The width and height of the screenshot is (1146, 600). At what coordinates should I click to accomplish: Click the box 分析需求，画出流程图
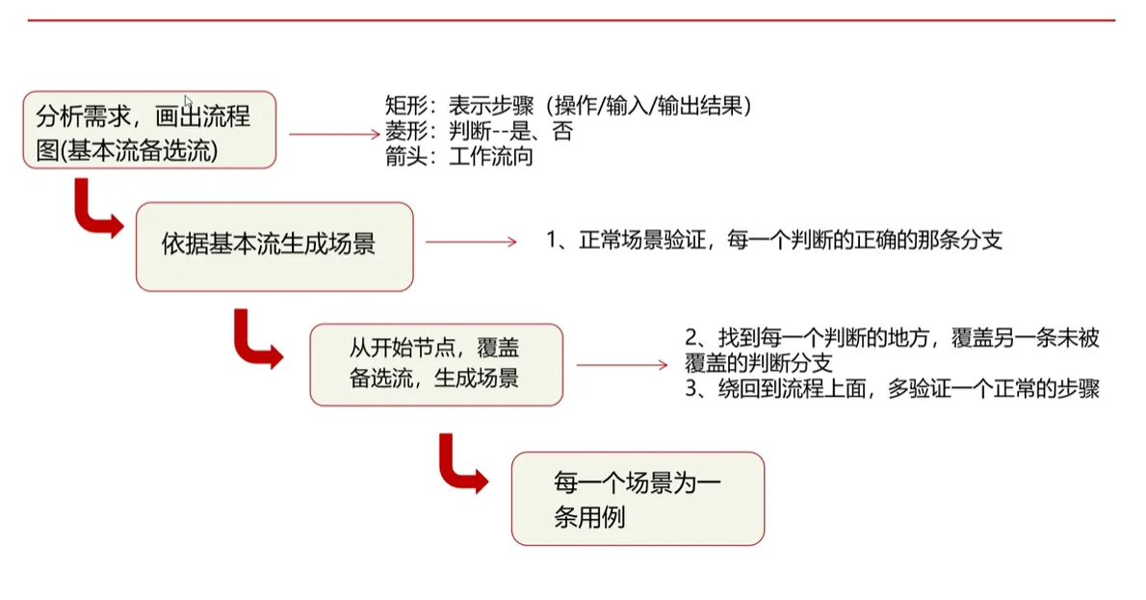(x=149, y=130)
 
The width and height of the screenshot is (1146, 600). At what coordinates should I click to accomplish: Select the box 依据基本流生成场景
(x=274, y=246)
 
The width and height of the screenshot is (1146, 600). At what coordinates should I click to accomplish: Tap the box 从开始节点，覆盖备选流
(x=435, y=364)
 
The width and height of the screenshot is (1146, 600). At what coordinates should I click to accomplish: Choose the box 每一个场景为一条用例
(x=637, y=499)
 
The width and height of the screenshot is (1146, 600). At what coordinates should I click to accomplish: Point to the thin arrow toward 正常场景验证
(x=471, y=242)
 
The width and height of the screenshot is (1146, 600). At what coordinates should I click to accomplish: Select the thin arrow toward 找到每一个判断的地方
(x=621, y=365)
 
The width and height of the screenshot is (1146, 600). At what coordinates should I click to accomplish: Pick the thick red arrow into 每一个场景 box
(x=461, y=464)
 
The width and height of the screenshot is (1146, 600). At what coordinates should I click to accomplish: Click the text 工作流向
(x=490, y=156)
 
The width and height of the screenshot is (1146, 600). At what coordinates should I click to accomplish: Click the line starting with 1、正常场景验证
(x=775, y=241)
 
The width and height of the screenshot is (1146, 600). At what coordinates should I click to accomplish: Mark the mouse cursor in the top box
(x=189, y=102)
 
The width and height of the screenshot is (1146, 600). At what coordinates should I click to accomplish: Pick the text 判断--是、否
(x=510, y=132)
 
